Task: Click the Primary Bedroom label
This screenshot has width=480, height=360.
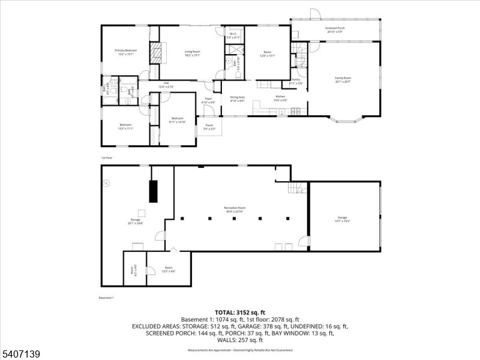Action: click(126, 51)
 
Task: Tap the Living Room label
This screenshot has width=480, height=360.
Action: click(192, 53)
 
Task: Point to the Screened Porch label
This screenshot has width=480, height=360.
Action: click(334, 29)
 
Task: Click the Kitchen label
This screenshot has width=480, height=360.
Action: click(280, 97)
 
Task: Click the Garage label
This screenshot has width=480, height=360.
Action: click(342, 218)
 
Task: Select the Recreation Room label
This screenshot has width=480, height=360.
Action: click(235, 208)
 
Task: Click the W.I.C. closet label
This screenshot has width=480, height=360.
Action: click(235, 35)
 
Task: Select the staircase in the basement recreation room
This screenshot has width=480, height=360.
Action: click(295, 188)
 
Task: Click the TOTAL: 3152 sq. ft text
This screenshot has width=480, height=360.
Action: click(240, 312)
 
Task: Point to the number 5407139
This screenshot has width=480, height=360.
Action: click(21, 355)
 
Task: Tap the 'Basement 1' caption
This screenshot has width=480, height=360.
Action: click(106, 298)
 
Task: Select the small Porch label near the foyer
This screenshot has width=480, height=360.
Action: click(209, 127)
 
